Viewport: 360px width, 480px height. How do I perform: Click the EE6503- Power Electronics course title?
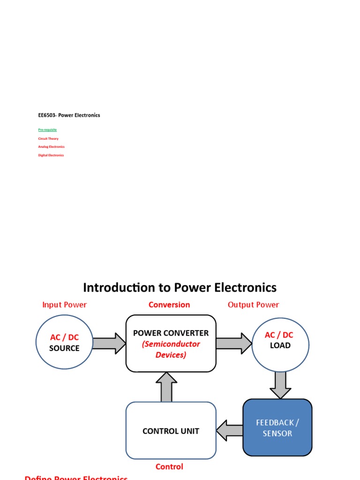(x=69, y=115)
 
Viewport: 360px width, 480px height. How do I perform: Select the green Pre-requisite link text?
(x=47, y=129)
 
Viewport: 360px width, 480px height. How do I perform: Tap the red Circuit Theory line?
(x=48, y=139)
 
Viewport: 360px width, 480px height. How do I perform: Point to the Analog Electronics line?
(x=51, y=147)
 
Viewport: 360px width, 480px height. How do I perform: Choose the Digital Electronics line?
(x=51, y=155)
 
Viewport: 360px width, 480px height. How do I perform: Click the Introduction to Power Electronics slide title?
(x=180, y=287)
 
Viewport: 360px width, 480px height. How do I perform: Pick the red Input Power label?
(x=64, y=305)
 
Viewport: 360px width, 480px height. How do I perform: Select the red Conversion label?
(x=169, y=305)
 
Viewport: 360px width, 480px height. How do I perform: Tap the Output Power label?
(x=253, y=305)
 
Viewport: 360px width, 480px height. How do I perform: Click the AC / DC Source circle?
(x=64, y=343)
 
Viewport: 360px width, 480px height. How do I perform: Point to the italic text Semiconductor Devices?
(x=171, y=350)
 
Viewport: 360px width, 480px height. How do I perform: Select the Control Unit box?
(x=171, y=431)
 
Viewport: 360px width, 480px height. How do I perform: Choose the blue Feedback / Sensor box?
(x=277, y=427)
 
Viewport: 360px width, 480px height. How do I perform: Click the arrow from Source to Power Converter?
(x=109, y=343)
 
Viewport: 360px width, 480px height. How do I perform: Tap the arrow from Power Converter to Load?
(x=234, y=343)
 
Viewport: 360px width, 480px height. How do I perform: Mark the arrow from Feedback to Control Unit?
(x=229, y=430)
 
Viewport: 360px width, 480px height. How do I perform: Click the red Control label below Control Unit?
(x=169, y=466)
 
